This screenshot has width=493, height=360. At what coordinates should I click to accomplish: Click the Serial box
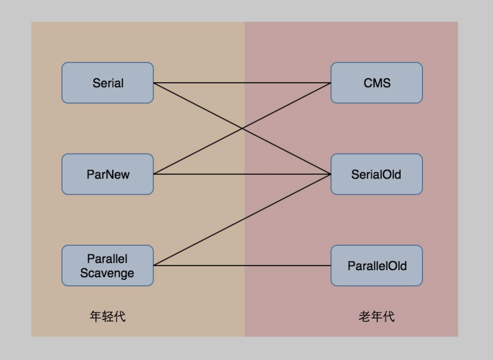coord(108,83)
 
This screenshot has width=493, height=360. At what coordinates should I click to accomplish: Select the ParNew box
coord(108,174)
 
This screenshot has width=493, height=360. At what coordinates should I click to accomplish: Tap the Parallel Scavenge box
coord(108,265)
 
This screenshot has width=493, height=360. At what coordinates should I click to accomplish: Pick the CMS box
coord(376,83)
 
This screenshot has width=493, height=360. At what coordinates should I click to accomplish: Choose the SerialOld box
coord(376,174)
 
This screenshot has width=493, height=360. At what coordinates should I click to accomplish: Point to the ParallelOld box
coord(376,265)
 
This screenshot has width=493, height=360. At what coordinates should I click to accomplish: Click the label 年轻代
coord(108,317)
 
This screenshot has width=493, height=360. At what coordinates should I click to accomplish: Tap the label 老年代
coord(376,317)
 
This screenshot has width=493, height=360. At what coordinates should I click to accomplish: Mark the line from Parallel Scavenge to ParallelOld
coord(242,265)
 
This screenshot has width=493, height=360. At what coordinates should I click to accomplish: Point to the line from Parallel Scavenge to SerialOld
coord(242,220)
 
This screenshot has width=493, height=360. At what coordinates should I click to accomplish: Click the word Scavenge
coord(108,273)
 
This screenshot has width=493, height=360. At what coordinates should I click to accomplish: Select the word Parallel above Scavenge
coord(108,259)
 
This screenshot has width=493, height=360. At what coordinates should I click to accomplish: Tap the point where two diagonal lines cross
coord(242,128)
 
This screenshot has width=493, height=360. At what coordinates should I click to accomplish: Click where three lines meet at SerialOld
coord(331,174)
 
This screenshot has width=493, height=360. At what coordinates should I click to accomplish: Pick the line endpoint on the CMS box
coord(331,83)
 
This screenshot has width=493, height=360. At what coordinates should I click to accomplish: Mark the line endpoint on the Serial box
coord(153,83)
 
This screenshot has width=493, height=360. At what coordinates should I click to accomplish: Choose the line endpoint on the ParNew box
coord(153,174)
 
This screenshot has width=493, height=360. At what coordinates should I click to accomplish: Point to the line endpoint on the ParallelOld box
coord(331,265)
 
